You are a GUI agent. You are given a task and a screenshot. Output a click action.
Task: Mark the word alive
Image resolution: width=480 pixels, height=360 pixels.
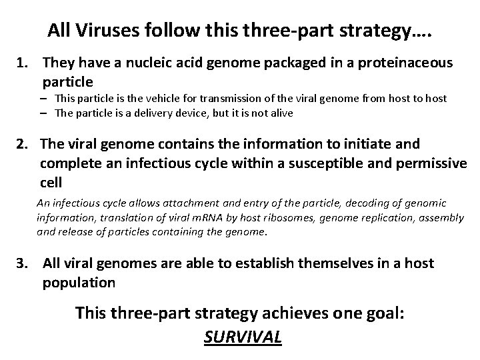pos(279,113)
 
